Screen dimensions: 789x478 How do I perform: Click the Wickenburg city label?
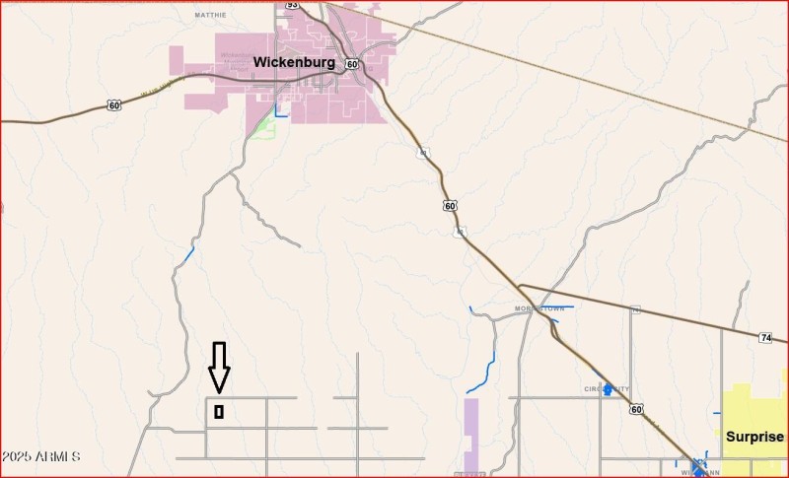coord(294,62)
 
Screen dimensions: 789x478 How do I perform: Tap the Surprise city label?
coord(754,437)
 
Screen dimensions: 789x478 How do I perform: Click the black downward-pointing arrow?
coord(219,368)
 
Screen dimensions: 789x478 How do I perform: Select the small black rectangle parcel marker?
coord(219,412)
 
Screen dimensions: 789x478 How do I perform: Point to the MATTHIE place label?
coord(211,16)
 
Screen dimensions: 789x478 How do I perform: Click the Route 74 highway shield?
coord(766,338)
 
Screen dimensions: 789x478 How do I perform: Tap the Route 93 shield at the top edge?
coord(292,5)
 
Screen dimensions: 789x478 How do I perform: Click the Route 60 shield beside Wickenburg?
coord(352,64)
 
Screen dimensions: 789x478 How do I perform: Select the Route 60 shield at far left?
coord(114,104)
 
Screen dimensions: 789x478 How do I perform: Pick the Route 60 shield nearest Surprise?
coord(636,408)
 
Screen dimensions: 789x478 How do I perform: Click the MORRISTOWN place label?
coord(537,308)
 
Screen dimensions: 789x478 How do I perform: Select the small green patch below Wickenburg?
coord(262,127)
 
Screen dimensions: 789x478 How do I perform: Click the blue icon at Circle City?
coord(609,390)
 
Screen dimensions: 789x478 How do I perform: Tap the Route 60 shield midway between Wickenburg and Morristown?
coord(450,205)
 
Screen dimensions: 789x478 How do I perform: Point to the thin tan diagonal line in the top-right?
coord(592,79)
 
